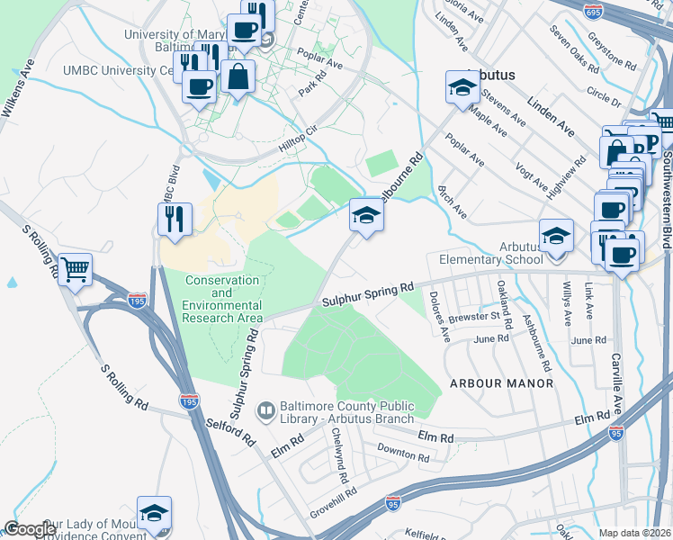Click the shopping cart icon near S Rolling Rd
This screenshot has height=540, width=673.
[76, 268]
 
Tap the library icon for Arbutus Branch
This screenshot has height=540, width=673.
[266, 412]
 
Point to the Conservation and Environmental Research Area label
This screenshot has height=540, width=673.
[223, 299]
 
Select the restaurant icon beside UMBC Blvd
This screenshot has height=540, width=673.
[174, 219]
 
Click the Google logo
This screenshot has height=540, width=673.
[30, 529]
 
